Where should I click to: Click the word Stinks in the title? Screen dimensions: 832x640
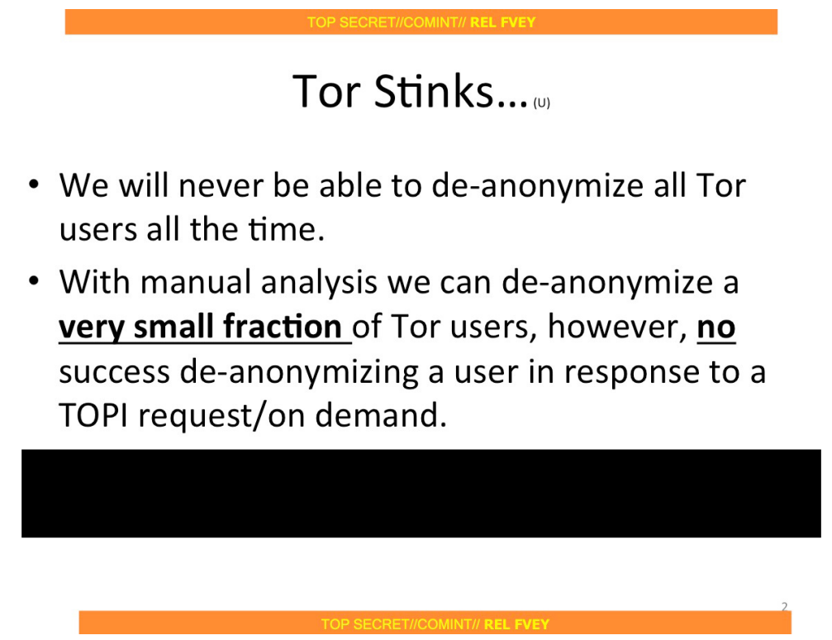pyautogui.click(x=434, y=92)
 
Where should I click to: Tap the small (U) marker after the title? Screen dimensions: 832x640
pyautogui.click(x=542, y=103)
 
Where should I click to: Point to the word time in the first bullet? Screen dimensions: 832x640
pyautogui.click(x=287, y=230)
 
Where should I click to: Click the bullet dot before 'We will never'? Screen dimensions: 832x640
pyautogui.click(x=34, y=184)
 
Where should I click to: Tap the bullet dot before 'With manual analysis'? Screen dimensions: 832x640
pyautogui.click(x=34, y=280)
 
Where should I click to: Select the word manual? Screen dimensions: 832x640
pyautogui.click(x=196, y=282)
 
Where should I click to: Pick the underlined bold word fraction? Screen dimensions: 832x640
pyautogui.click(x=283, y=326)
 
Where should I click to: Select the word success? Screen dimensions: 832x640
pyautogui.click(x=114, y=372)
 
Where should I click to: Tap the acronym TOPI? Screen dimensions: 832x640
pyautogui.click(x=93, y=415)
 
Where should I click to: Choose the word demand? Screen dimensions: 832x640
pyautogui.click(x=381, y=415)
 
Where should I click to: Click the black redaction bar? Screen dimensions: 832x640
pyautogui.click(x=421, y=494)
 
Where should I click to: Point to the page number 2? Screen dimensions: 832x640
pyautogui.click(x=785, y=607)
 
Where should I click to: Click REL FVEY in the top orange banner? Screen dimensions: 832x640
pyautogui.click(x=503, y=22)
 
